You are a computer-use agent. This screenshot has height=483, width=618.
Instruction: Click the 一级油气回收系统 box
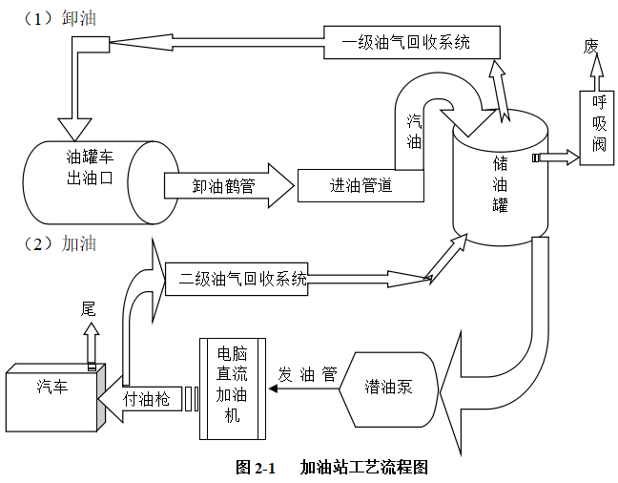[407, 43]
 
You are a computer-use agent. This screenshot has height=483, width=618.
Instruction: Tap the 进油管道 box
[360, 185]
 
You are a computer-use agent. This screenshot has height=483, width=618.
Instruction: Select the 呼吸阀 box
[598, 124]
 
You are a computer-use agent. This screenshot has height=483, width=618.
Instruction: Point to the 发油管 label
[307, 373]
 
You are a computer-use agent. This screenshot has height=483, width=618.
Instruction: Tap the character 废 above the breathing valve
[592, 46]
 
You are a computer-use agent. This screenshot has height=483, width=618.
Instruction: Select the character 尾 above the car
[89, 307]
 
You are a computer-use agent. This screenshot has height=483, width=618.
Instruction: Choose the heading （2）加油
[57, 243]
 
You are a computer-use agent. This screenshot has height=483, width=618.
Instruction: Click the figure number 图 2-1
[255, 467]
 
